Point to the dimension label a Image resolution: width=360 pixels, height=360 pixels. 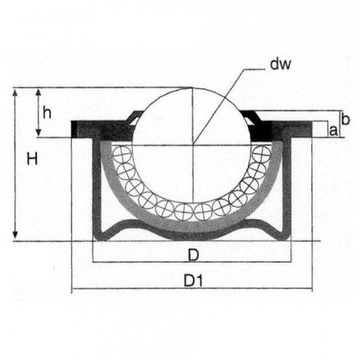333,131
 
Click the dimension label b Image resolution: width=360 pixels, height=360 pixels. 344,119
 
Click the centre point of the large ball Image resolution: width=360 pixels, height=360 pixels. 193,145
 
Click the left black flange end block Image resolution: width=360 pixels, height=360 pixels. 75,130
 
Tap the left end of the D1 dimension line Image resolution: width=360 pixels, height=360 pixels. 73,289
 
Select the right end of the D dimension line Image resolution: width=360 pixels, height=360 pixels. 291,261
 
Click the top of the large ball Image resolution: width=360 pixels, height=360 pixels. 193,88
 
